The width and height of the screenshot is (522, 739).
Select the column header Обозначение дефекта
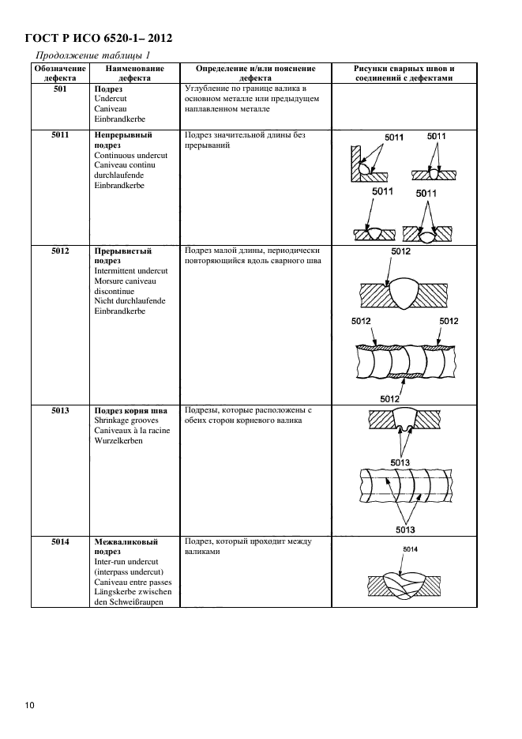pos(58,74)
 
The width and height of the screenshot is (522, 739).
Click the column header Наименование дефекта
pos(129,74)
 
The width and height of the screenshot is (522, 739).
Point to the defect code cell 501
pos(58,89)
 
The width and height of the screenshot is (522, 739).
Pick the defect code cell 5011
pos(58,134)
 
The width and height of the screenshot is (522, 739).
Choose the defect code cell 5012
pos(58,251)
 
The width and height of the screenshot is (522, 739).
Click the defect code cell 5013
pos(58,411)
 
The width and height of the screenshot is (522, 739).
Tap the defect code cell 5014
pos(58,542)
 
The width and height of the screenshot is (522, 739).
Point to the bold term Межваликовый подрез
pos(126,547)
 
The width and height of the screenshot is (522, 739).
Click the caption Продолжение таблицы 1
pos(92,55)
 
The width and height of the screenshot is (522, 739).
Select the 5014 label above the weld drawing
pos(410,549)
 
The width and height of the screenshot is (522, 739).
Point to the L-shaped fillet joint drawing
pos(365,163)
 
